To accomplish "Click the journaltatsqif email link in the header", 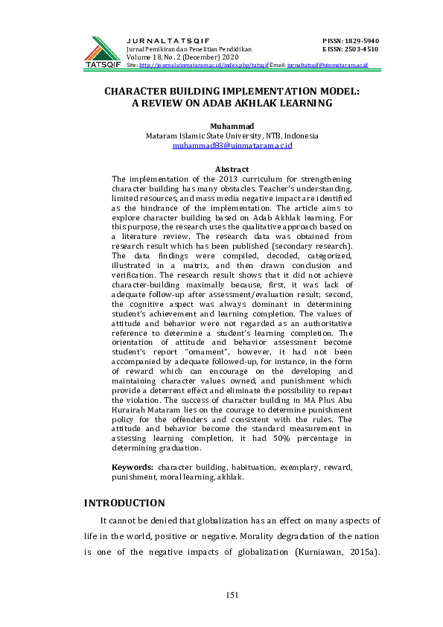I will (x=328, y=66).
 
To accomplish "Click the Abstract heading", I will (x=232, y=171).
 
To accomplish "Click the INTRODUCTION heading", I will (x=124, y=503).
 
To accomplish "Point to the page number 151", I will (x=232, y=593).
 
